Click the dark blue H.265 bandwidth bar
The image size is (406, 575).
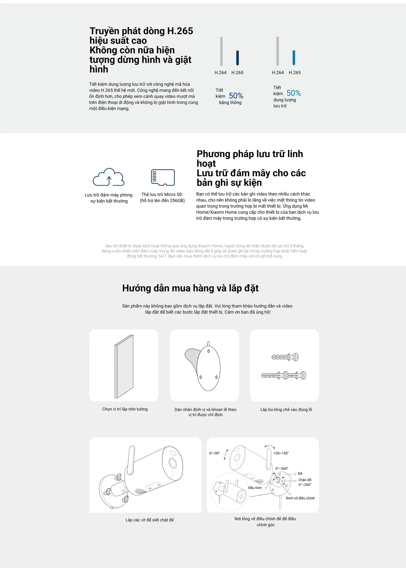click(x=237, y=58)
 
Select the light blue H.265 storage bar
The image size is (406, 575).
click(x=294, y=57)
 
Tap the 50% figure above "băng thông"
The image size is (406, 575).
click(x=236, y=96)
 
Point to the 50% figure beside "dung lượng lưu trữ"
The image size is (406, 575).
click(x=294, y=93)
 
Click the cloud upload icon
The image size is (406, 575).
click(x=109, y=177)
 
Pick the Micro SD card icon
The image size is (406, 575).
click(x=163, y=177)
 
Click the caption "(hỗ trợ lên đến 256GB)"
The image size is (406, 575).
click(x=162, y=200)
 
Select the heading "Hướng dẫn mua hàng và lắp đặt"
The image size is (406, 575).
click(x=190, y=288)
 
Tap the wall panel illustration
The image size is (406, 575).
click(x=124, y=366)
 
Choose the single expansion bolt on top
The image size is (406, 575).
click(x=285, y=357)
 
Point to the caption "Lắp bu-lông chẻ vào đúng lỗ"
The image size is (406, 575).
click(x=286, y=410)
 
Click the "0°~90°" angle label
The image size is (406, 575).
click(x=214, y=453)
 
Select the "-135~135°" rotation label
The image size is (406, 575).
click(x=281, y=453)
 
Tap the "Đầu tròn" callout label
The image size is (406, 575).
click(x=255, y=488)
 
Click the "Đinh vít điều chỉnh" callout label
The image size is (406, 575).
click(x=300, y=498)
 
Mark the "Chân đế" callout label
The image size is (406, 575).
click(x=305, y=480)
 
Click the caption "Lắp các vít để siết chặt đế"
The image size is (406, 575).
click(x=150, y=520)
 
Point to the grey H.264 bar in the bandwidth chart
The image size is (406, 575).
click(x=221, y=51)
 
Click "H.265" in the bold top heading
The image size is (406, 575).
click(x=180, y=31)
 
